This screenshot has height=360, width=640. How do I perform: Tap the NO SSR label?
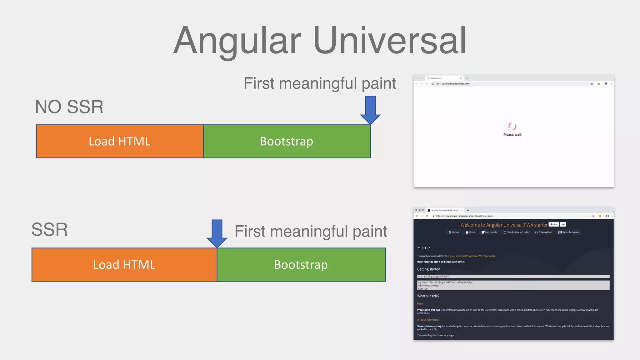click(x=69, y=107)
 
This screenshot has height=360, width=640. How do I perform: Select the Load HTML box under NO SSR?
click(x=120, y=141)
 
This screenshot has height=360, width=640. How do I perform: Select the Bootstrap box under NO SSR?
click(x=287, y=141)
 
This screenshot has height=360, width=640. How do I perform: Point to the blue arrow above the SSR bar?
click(x=217, y=233)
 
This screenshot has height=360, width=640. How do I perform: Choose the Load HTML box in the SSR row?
click(x=124, y=265)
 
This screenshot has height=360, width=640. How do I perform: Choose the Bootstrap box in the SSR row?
click(x=301, y=265)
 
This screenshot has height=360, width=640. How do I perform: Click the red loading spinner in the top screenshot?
click(x=512, y=126)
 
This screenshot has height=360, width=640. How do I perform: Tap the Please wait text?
click(x=512, y=135)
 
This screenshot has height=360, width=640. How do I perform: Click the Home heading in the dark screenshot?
click(x=423, y=248)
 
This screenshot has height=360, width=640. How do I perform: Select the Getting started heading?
click(x=428, y=269)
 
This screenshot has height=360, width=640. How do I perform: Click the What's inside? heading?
click(x=428, y=296)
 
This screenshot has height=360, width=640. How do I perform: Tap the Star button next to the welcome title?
click(x=554, y=224)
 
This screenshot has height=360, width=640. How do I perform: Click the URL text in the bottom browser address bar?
click(x=464, y=216)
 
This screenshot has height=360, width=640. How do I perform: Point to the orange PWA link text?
click(x=420, y=303)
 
